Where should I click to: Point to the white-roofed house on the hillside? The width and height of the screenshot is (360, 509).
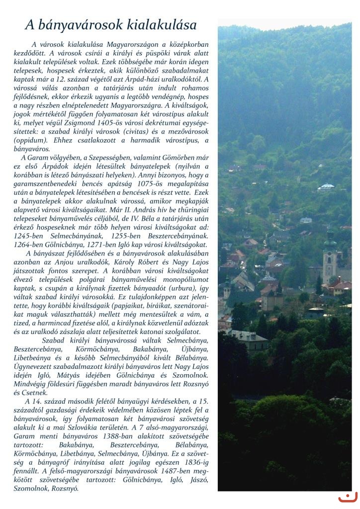[327, 187]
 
